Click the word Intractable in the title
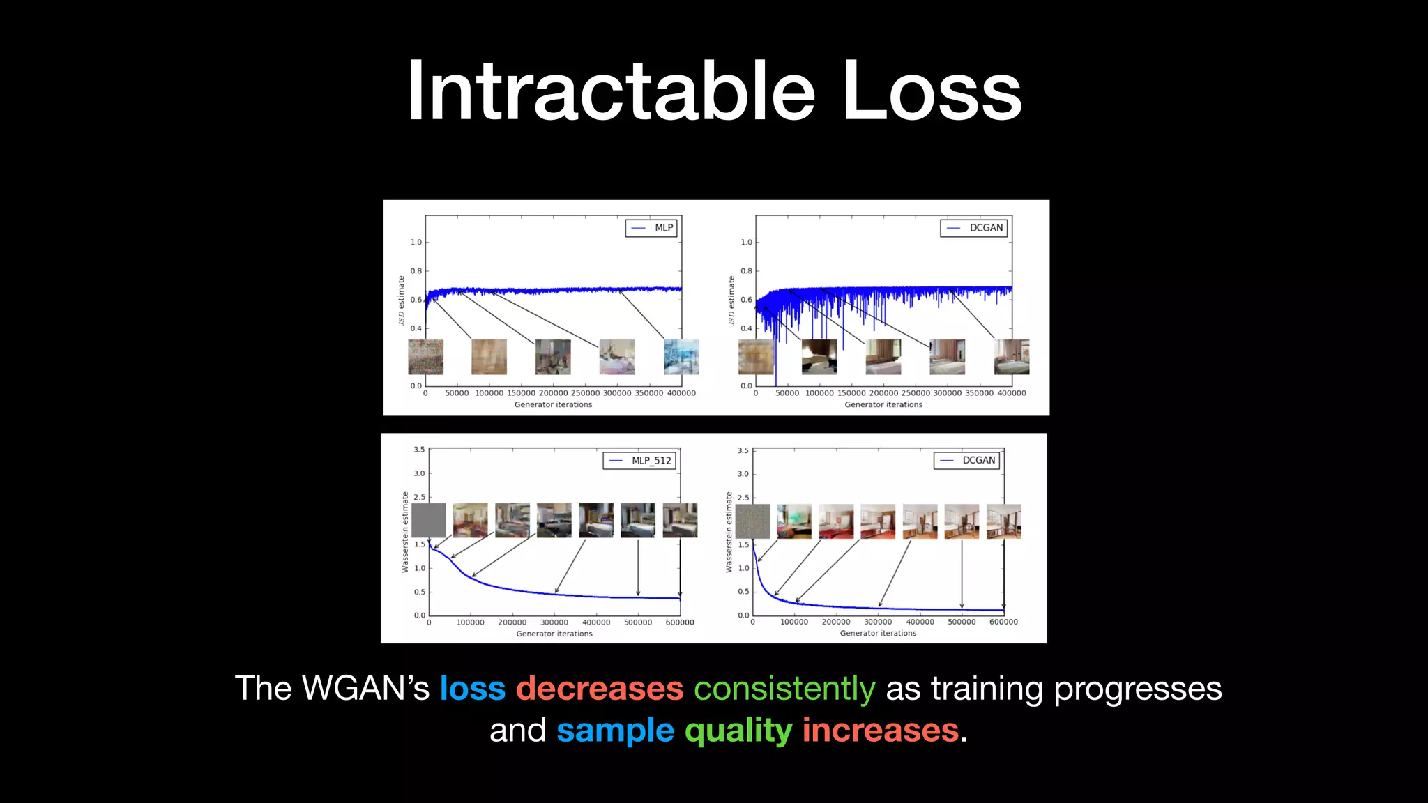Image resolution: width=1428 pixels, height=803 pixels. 611,91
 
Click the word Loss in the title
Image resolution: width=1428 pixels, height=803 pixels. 932,91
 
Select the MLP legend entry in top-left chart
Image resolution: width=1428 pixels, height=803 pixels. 651,228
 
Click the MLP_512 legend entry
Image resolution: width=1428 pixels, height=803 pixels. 639,461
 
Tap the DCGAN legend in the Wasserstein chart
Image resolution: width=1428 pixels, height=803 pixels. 967,461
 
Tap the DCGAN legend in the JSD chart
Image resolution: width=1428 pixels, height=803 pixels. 974,228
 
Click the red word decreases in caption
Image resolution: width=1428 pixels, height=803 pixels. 599,689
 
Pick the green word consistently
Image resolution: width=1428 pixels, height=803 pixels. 784,689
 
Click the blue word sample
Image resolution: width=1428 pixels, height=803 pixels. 615,731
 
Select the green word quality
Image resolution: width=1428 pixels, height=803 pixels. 738,731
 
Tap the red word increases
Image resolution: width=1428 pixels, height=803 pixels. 880,731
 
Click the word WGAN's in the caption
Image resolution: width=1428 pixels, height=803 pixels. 365,689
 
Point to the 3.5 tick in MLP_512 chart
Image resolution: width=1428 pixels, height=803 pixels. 419,450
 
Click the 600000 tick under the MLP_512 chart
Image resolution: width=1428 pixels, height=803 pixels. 679,622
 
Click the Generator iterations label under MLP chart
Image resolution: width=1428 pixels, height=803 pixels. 553,404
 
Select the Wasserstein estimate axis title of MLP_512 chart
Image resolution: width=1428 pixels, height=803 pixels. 405,533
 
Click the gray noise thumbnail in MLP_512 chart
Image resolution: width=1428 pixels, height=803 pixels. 428,521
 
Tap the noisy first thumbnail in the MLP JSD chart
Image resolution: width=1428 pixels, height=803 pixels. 425,357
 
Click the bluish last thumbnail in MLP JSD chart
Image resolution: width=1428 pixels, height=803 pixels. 681,357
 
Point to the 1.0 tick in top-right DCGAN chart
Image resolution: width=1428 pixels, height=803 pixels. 746,243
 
